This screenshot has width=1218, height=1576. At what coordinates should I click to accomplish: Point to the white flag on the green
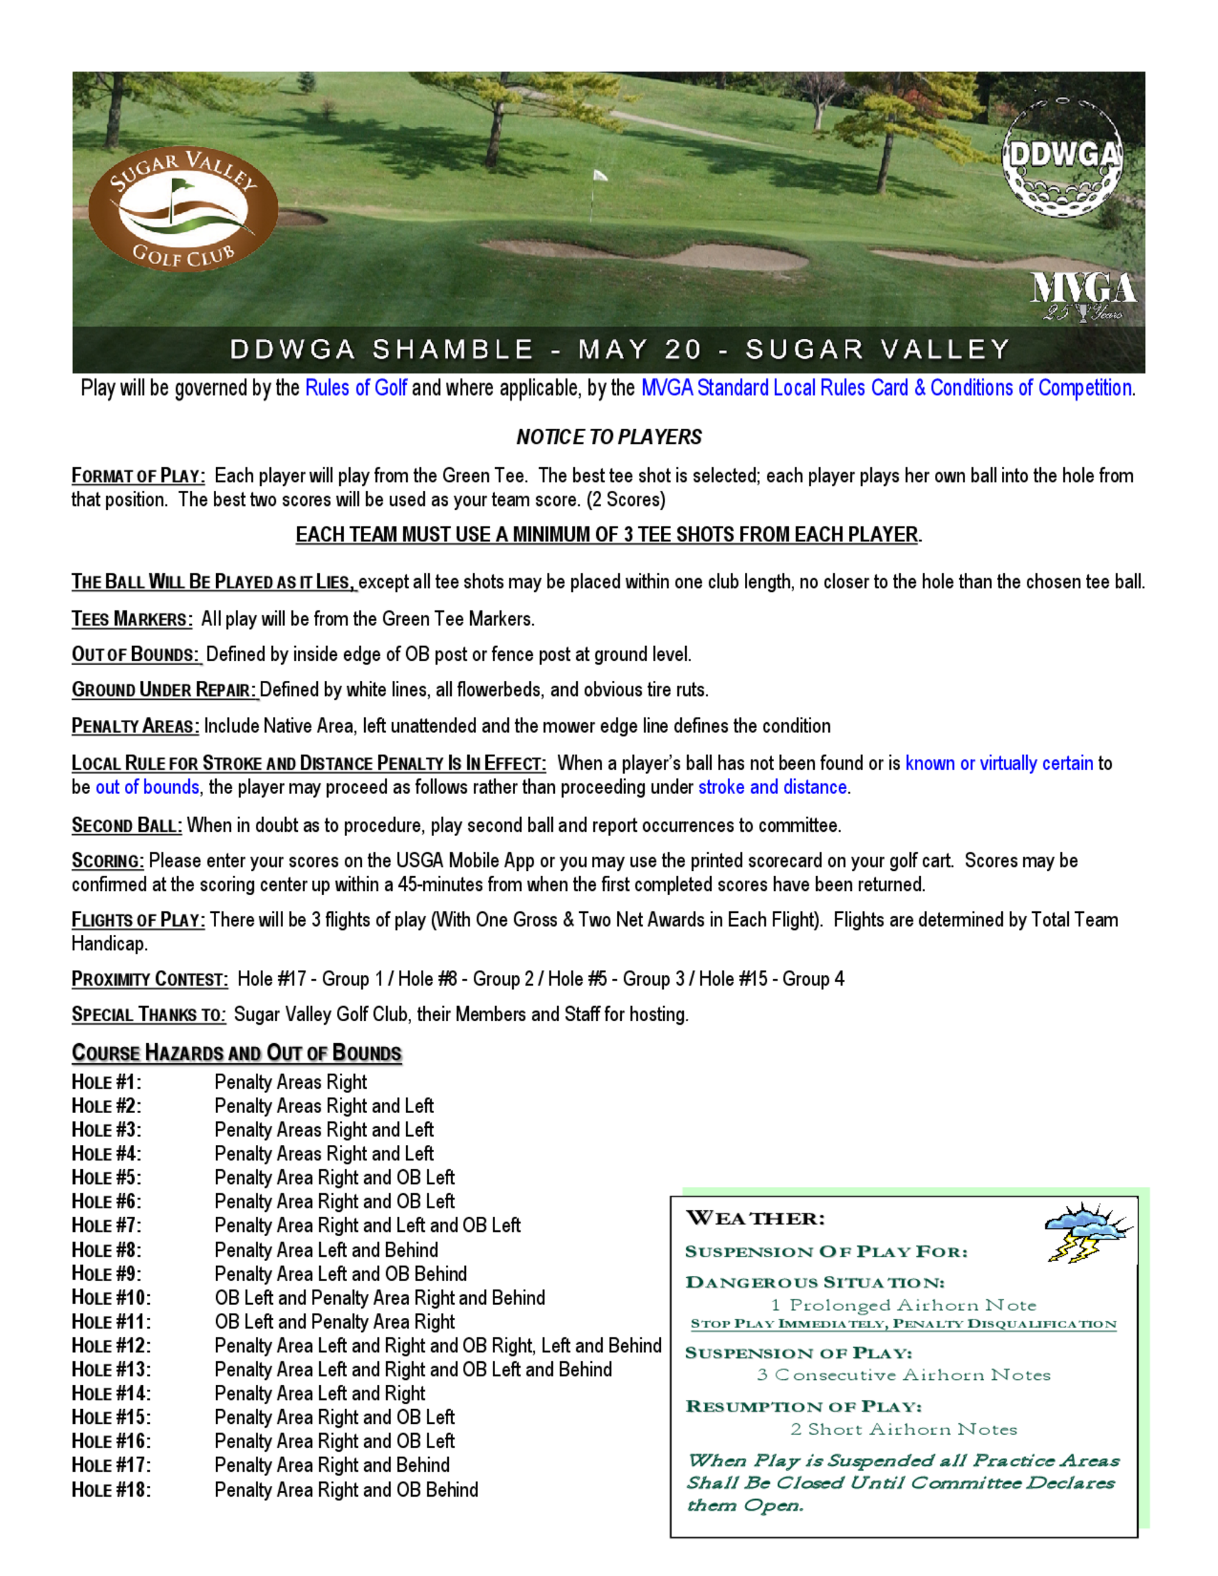(x=599, y=175)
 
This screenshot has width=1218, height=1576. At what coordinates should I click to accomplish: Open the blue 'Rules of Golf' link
(x=356, y=389)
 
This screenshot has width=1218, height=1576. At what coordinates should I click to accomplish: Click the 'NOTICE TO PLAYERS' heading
(x=608, y=437)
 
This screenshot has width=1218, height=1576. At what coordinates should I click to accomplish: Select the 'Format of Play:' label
(x=138, y=476)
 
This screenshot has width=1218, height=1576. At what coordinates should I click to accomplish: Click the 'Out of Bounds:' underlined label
(x=136, y=655)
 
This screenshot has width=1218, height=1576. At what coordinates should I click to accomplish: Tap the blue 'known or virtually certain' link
(x=999, y=764)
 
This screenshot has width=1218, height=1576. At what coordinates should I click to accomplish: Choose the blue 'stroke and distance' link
(x=772, y=787)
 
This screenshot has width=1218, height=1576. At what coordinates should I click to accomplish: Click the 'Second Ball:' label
(x=126, y=826)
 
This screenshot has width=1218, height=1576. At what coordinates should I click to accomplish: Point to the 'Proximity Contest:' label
(x=149, y=979)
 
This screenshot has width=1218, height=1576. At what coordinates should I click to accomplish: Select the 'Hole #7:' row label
(x=106, y=1226)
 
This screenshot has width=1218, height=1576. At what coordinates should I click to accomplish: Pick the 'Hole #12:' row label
(x=111, y=1346)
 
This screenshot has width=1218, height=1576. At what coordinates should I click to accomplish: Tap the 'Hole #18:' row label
(x=111, y=1490)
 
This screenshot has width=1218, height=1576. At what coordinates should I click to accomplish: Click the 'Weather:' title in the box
(x=755, y=1219)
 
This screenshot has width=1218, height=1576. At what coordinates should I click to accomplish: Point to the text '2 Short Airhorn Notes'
(x=903, y=1429)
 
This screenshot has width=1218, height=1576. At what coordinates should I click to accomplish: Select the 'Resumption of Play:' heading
(x=803, y=1407)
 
